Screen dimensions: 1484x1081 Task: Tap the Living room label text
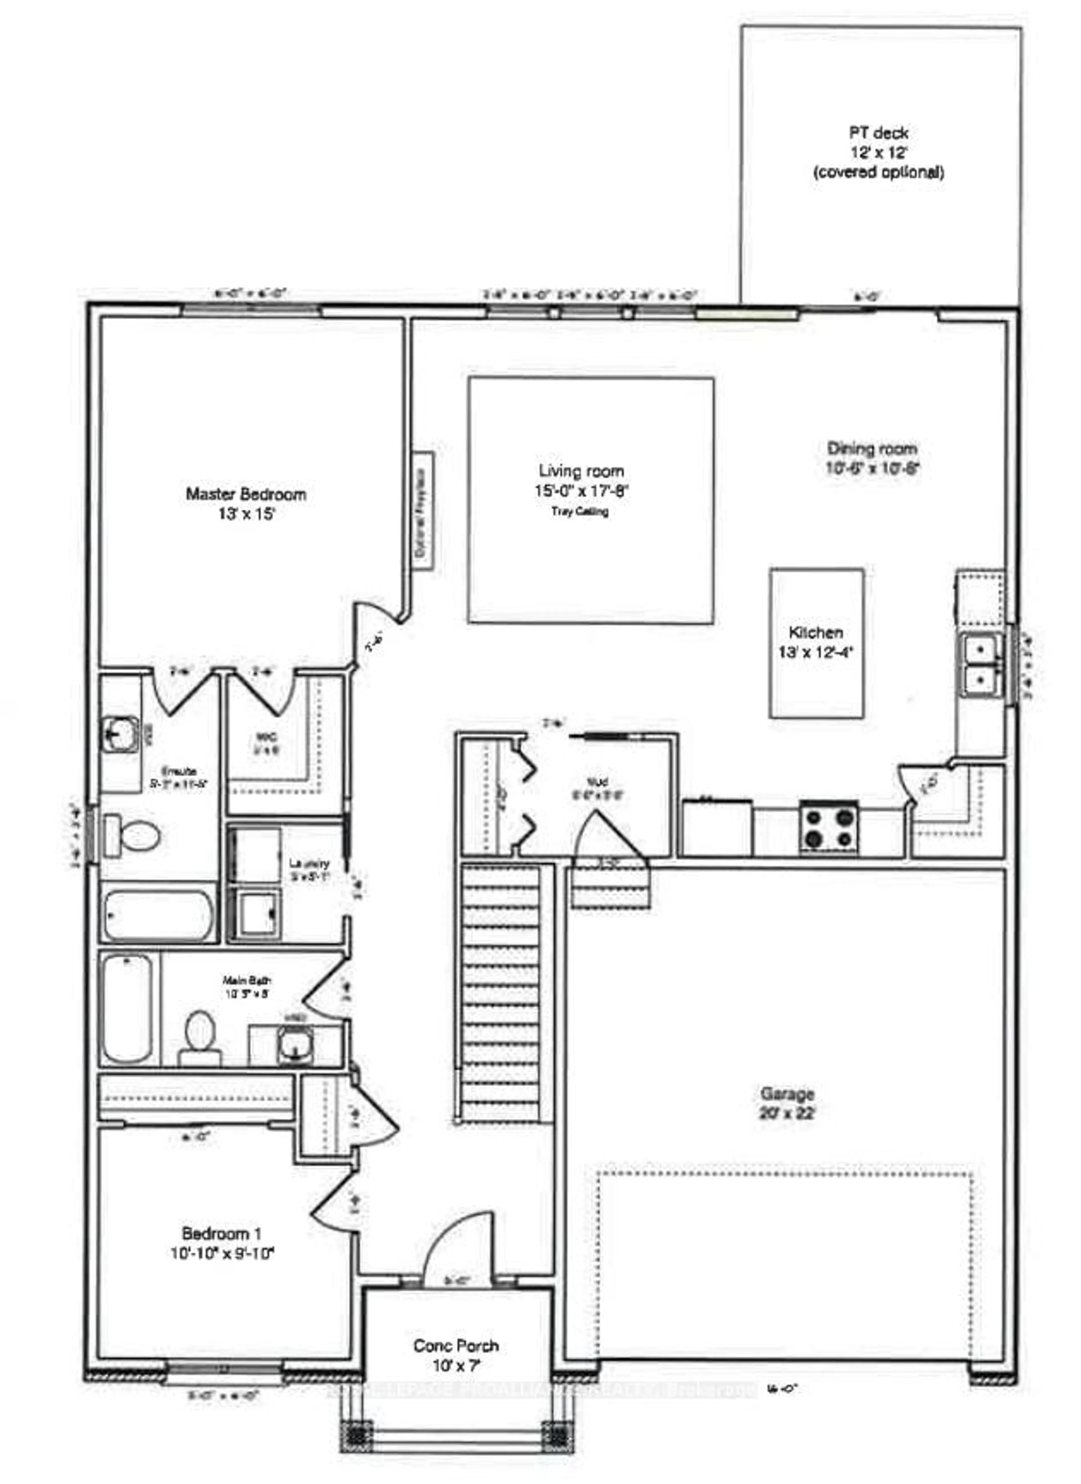point(581,471)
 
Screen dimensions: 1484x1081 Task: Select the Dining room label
point(872,449)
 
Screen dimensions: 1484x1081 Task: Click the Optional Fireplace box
point(422,510)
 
